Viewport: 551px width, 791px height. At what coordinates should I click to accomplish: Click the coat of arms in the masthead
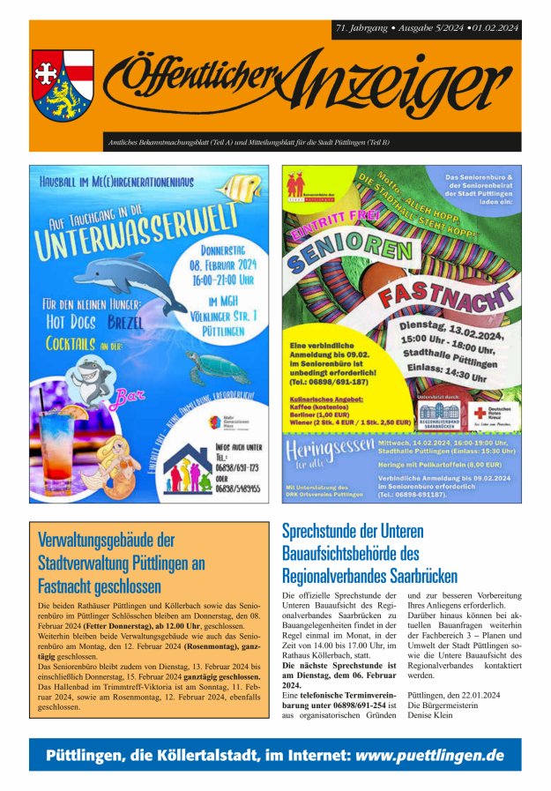63,85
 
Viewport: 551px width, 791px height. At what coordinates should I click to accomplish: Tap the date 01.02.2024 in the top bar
496,29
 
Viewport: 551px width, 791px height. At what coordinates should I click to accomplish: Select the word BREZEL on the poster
124,322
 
